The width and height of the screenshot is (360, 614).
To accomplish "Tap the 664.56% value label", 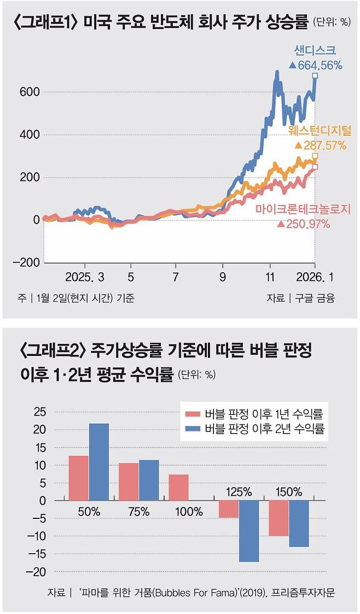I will (x=316, y=65).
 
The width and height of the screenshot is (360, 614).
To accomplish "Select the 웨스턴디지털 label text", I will (x=320, y=131).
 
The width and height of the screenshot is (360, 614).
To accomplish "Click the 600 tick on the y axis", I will (x=29, y=92).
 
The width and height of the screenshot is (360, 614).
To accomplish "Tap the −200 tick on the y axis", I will (x=25, y=262).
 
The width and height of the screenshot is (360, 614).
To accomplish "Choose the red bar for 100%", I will (x=179, y=487).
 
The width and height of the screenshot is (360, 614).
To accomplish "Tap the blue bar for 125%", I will (x=248, y=531).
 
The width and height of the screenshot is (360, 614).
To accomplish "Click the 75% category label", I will (x=138, y=512).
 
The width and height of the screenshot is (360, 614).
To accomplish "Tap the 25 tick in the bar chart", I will (x=42, y=412).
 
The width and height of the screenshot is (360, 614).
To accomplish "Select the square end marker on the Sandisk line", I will (x=315, y=76).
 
